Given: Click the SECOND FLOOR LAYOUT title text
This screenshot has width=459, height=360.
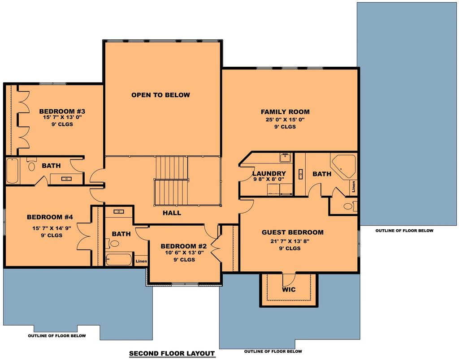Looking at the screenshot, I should [x=172, y=353].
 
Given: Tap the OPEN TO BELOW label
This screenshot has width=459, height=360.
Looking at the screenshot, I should [x=160, y=95].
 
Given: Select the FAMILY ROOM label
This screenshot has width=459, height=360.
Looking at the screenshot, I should [x=285, y=112].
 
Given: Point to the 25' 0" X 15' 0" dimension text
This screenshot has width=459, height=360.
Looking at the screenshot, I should [x=285, y=120].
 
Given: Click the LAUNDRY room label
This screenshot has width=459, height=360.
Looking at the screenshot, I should [x=269, y=174].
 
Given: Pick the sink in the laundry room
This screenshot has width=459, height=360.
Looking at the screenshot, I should [x=285, y=157].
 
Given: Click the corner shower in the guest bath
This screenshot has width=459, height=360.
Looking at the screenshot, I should [x=343, y=166].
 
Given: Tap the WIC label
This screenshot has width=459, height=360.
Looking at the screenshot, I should [x=289, y=290].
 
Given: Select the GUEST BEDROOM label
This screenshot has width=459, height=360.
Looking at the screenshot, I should [x=292, y=232].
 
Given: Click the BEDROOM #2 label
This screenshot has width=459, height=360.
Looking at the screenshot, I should [x=183, y=246].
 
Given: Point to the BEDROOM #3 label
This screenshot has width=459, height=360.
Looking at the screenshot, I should [x=62, y=111].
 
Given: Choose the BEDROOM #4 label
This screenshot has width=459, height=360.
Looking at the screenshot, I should [x=50, y=217].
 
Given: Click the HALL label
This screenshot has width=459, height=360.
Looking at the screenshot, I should [x=172, y=213].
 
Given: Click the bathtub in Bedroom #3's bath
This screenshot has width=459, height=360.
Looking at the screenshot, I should [x=12, y=171].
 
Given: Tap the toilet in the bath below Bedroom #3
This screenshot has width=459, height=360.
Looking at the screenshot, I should [x=31, y=166].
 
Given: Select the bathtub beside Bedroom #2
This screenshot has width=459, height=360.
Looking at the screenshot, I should [x=118, y=260].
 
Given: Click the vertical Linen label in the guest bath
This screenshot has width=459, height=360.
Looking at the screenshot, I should [x=354, y=186].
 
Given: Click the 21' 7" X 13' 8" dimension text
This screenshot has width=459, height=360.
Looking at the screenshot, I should [x=290, y=241].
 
